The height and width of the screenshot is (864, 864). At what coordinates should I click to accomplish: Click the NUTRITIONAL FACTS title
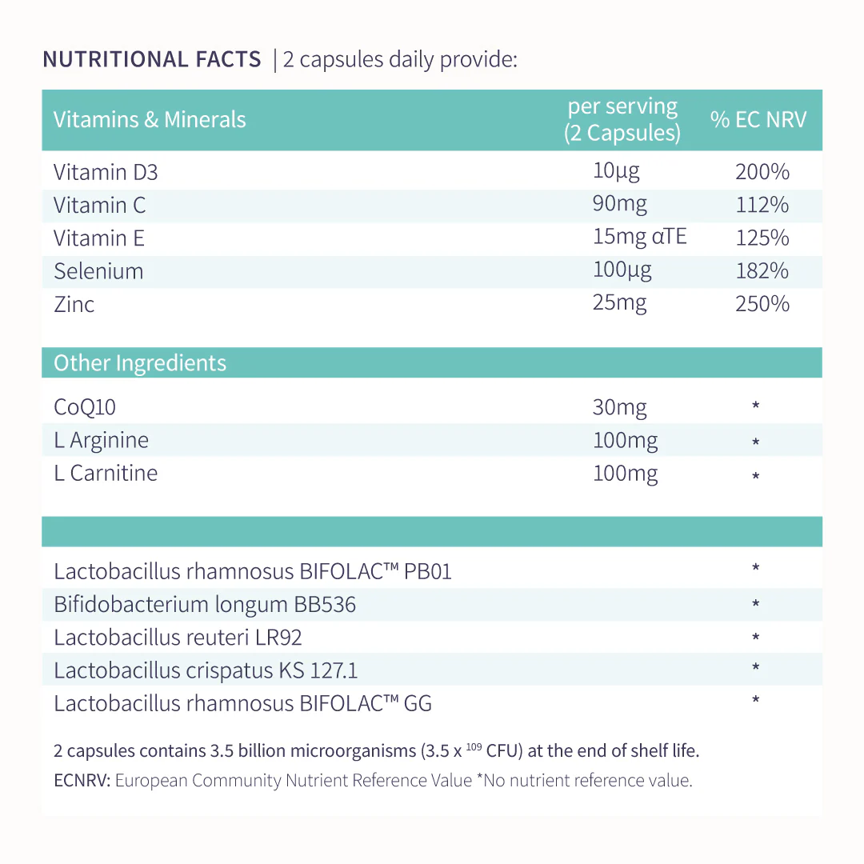coord(151,60)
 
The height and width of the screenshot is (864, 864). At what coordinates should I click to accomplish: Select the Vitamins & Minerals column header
coord(150,120)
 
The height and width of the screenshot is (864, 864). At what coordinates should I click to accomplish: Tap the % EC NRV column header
coord(758,120)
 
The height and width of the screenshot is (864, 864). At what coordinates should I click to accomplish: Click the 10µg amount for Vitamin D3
coord(616,170)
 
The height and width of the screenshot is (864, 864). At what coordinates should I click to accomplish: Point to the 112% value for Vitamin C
coord(762,205)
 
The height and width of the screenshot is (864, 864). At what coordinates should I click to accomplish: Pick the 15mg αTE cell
coord(639,237)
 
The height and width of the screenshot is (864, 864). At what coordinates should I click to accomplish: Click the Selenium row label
coord(98,271)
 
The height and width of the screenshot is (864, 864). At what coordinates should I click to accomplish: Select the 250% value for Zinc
coord(762,304)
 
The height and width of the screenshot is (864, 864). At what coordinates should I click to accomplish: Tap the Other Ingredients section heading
coord(140,363)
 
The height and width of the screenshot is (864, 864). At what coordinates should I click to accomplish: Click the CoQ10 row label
coord(85,407)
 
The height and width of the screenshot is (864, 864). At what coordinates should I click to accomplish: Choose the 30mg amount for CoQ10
coord(619,407)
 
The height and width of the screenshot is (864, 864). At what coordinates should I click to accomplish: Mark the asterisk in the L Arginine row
coord(756,442)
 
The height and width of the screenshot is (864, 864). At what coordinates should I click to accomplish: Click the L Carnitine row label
coord(106,473)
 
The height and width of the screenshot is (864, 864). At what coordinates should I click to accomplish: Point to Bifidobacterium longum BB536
coord(205,605)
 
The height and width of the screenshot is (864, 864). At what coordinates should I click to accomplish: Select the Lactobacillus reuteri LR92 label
coord(178,638)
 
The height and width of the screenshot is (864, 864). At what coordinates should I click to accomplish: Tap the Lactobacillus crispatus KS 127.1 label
coord(206,670)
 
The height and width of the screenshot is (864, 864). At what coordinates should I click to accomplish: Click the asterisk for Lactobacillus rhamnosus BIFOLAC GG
coord(756,701)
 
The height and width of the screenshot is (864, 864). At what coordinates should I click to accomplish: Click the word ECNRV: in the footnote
coord(82,781)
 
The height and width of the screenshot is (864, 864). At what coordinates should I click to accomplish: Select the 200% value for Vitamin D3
coord(762,172)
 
